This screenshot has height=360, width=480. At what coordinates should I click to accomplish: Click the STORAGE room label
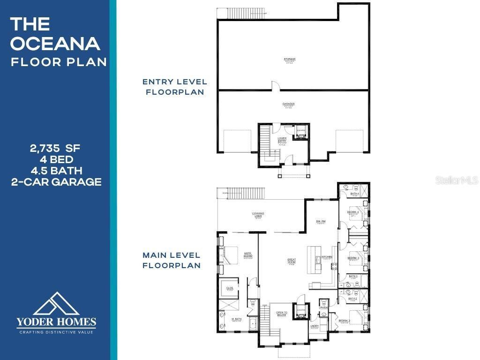(289, 60)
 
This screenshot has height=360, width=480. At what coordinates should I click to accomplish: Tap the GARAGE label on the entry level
(289, 104)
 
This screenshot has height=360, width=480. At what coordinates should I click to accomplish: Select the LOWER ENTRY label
(282, 139)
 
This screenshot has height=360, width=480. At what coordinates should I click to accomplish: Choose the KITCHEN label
(327, 257)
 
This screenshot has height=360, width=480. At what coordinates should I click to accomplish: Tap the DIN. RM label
(321, 222)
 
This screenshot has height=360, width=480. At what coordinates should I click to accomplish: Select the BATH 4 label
(354, 194)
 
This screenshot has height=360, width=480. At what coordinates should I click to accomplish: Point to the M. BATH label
(236, 320)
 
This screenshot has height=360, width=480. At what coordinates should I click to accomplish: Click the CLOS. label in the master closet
(230, 288)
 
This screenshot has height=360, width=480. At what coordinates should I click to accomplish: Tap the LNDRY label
(315, 326)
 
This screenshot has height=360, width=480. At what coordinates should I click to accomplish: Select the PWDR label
(324, 307)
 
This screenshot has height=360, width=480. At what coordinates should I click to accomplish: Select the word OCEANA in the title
(55, 44)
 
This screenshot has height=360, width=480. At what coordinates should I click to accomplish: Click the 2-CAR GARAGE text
(56, 182)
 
